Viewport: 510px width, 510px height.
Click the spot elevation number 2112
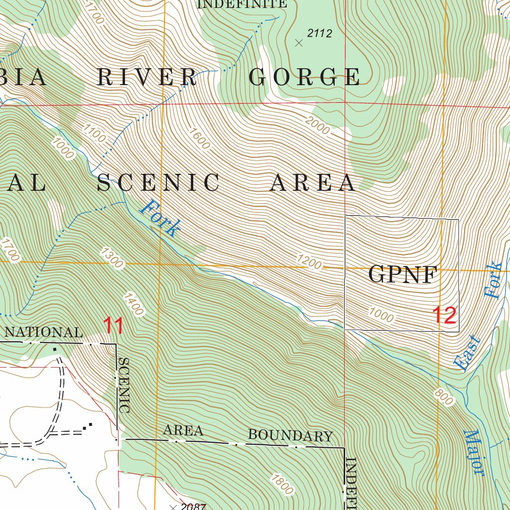tap(319, 34)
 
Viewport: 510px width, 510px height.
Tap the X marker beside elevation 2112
tap(299, 43)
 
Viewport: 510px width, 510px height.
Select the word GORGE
tap(305, 77)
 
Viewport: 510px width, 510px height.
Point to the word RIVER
tap(147, 77)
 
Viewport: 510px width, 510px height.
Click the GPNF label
tap(403, 274)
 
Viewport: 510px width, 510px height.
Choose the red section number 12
tap(444, 316)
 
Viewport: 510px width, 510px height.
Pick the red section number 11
tap(114, 326)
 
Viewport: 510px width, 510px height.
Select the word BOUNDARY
tap(290, 436)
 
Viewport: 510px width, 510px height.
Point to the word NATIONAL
tap(44, 332)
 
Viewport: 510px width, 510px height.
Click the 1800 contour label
tap(282, 484)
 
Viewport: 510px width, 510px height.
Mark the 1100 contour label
tap(95, 134)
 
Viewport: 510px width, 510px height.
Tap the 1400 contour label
tap(132, 304)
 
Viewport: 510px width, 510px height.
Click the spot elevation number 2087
tap(193, 507)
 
